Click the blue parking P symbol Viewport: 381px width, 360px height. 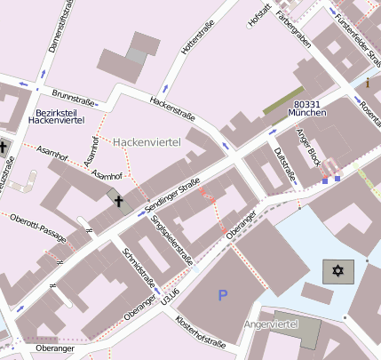[x=222, y=294]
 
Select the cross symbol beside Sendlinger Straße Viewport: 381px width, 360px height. [x=118, y=201]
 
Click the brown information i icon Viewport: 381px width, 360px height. [x=368, y=83]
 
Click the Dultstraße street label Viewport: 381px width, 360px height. [x=285, y=167]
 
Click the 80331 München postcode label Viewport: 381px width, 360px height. [x=307, y=109]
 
